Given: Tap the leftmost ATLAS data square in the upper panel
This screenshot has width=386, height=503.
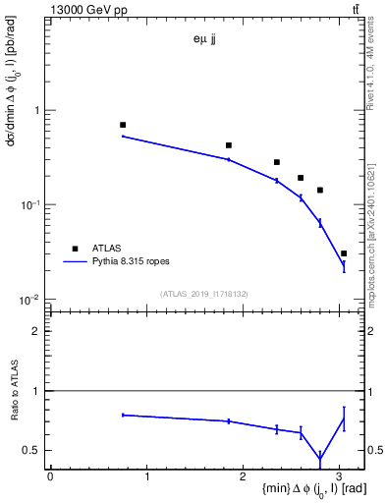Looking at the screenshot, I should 123,125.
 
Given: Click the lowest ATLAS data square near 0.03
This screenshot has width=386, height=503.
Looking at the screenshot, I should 343,253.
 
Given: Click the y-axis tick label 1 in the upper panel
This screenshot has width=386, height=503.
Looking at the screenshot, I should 38,110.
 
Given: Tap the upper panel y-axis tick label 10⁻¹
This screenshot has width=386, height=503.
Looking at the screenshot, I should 32,204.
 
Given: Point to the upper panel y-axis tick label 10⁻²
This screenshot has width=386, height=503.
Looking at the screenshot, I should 32,299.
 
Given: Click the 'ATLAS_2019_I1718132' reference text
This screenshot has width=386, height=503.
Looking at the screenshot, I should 202,294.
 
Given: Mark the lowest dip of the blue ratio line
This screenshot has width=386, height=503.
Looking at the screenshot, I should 320,459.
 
